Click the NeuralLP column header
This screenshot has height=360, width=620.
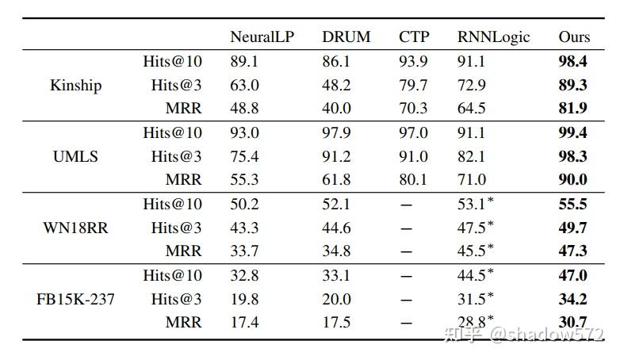[262, 37]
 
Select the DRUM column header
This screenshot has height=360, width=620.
[346, 37]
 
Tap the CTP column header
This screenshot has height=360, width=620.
[415, 37]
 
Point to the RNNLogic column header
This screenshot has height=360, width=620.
[493, 37]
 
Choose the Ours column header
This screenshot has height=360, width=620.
[574, 37]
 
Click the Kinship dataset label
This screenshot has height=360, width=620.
[75, 85]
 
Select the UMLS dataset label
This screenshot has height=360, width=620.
[75, 156]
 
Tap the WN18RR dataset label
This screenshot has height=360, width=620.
[75, 228]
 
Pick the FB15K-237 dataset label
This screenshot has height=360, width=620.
[75, 299]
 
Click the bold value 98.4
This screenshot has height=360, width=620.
[572, 61]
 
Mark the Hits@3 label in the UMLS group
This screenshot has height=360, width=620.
[176, 156]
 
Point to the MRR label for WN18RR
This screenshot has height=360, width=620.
[183, 251]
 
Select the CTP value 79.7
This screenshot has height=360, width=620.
[413, 85]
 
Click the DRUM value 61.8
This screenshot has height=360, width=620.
[336, 180]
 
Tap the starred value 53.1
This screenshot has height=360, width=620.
[475, 204]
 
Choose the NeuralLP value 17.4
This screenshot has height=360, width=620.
[244, 323]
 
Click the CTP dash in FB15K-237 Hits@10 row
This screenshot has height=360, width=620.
[408, 276]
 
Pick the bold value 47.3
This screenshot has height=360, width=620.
[572, 251]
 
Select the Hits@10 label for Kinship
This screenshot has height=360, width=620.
[172, 61]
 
